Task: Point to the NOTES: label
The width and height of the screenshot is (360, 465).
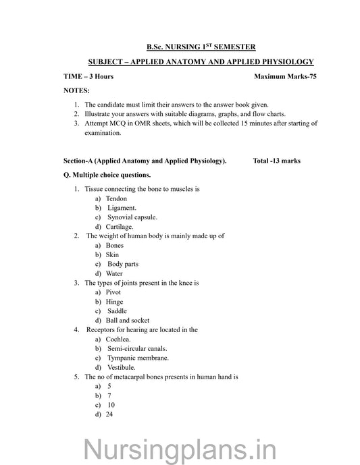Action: point(76,90)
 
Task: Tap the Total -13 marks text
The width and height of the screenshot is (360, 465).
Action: point(276,161)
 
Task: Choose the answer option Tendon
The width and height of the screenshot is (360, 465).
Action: point(116,199)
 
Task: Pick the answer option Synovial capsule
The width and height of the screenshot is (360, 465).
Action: point(132,217)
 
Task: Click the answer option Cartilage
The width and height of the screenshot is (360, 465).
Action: point(120,227)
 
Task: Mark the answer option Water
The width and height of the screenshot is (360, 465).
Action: point(114,273)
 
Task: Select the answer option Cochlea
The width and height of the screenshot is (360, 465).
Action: point(118,339)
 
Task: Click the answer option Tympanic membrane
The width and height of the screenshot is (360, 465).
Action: point(137,358)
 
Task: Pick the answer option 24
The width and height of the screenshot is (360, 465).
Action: point(109,414)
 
